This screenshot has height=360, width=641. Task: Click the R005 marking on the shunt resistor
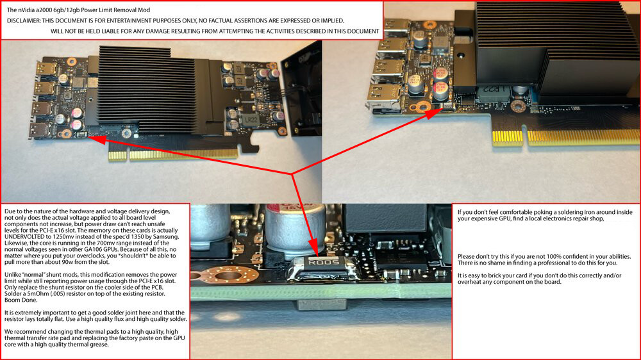point(323,262)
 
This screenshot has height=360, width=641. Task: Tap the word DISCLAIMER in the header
point(23,20)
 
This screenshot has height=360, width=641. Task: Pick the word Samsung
point(167,236)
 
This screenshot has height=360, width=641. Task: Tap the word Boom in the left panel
point(12,300)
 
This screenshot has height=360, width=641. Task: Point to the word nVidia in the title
point(27,10)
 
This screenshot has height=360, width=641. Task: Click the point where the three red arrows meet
point(292,174)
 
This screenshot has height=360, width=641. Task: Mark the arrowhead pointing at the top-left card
point(97,140)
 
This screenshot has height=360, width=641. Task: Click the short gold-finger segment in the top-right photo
point(507,138)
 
